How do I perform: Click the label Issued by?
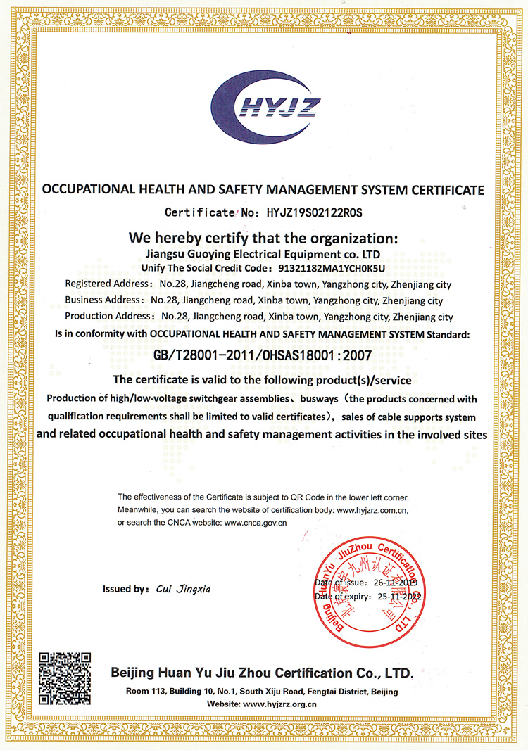125,589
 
